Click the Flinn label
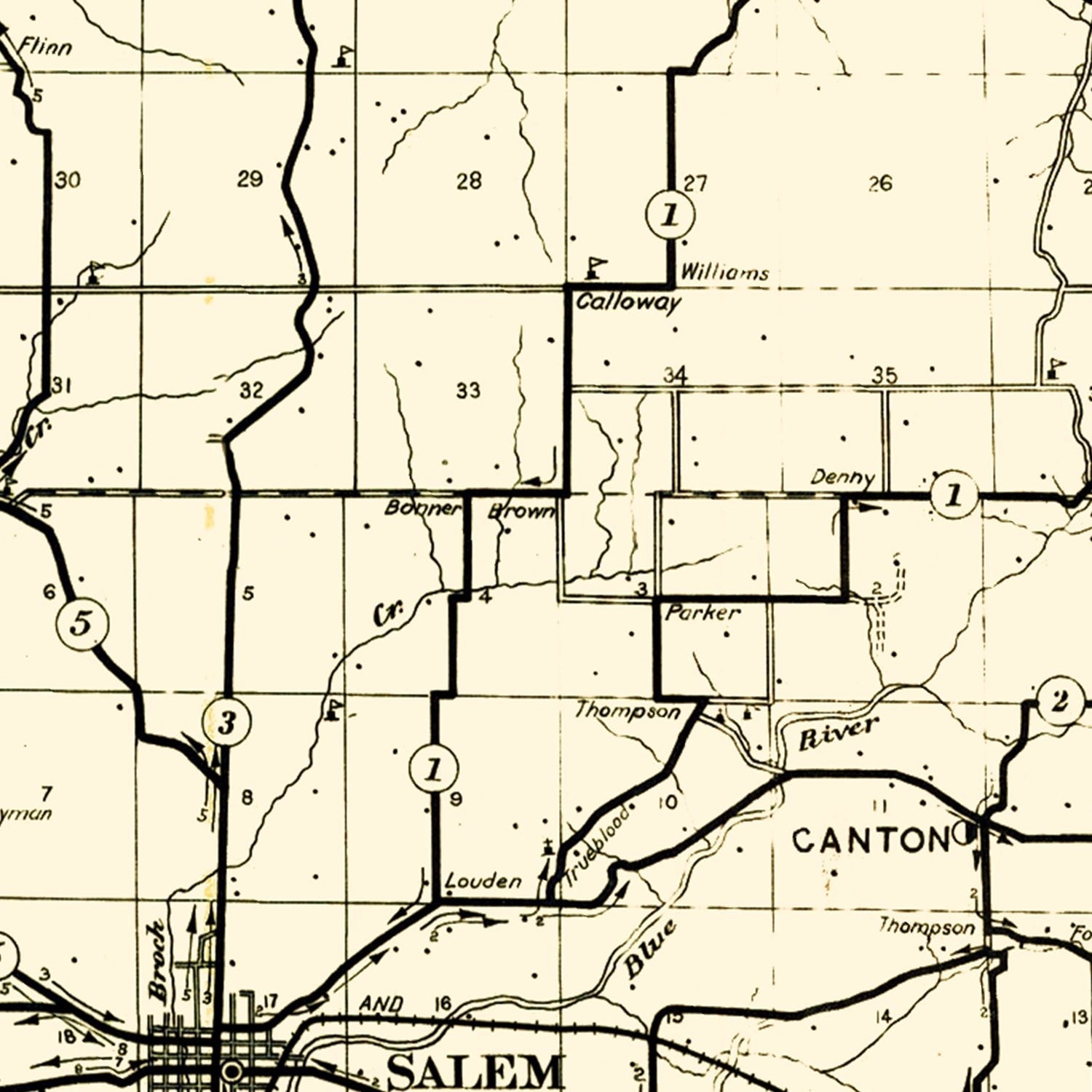(45, 48)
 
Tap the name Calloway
(628, 302)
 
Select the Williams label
(724, 273)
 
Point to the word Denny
(842, 478)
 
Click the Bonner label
(422, 507)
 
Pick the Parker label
(703, 613)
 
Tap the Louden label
(483, 882)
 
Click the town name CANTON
(871, 841)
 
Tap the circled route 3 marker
(227, 723)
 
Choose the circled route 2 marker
(1059, 703)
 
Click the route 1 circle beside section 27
(670, 215)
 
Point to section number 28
(469, 181)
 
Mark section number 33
(468, 391)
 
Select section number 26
(879, 183)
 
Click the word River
(839, 732)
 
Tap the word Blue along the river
(650, 949)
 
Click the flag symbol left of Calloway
(596, 267)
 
